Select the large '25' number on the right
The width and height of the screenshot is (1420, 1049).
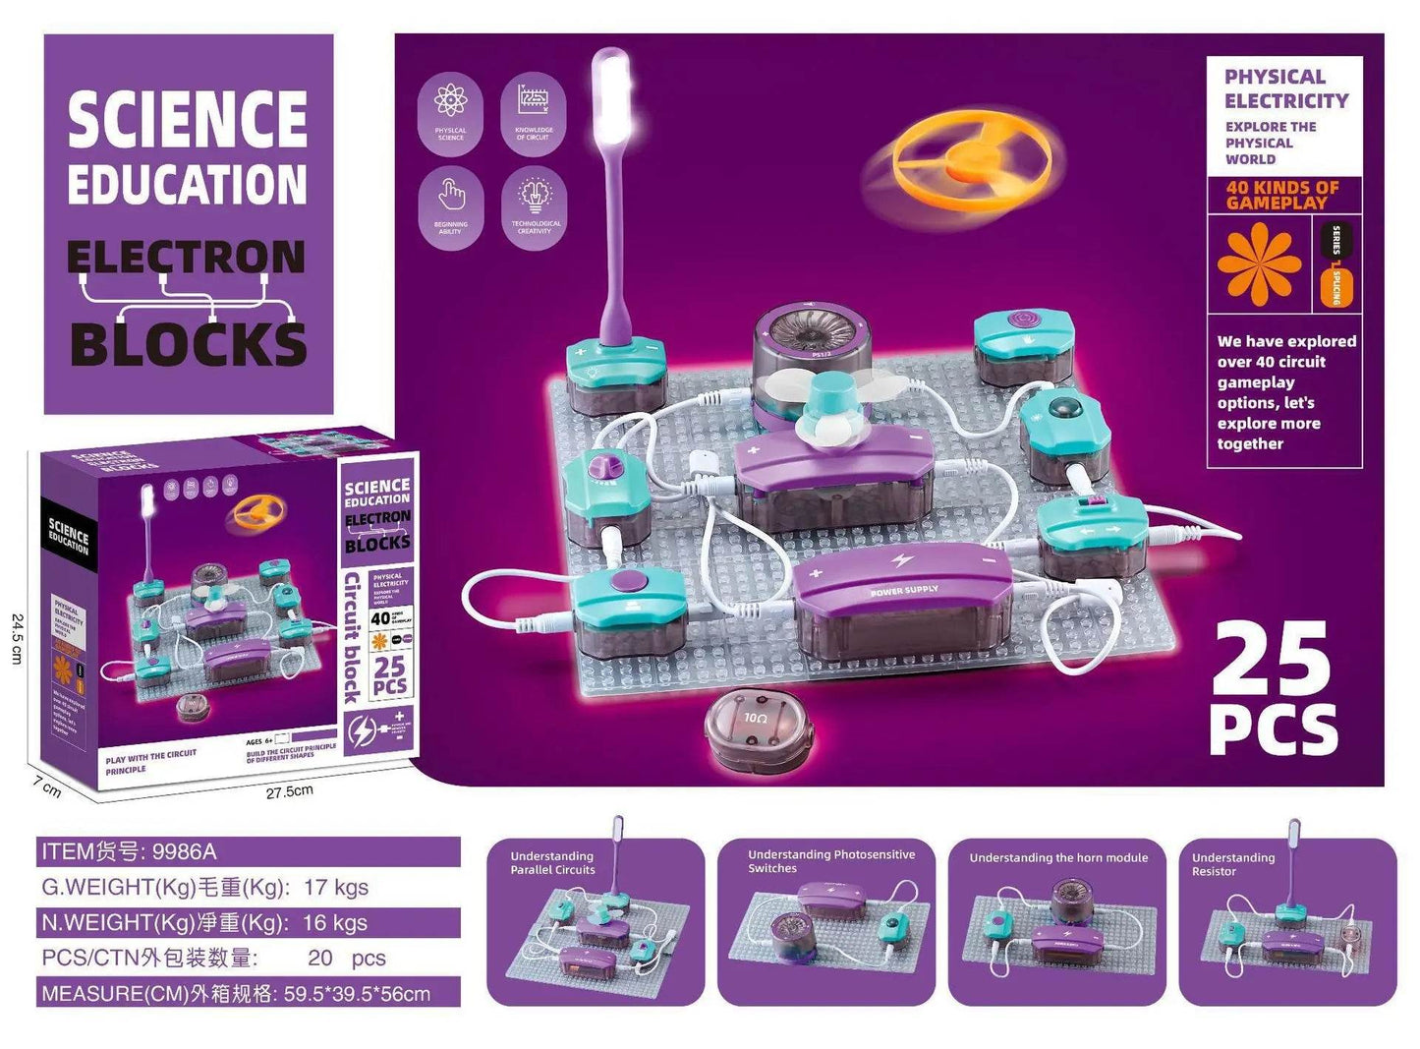point(1272,660)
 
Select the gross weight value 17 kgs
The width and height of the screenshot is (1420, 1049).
point(336,887)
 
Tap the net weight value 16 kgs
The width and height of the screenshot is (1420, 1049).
point(335,922)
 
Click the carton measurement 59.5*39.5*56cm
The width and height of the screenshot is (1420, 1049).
point(357,993)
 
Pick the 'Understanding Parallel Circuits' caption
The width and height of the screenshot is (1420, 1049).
point(552,863)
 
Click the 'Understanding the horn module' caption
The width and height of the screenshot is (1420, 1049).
point(1058,857)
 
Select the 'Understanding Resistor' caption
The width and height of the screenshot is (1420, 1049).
point(1233,864)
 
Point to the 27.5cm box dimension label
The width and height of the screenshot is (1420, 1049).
point(289,791)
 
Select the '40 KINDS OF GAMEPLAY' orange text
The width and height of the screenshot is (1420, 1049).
point(1282,195)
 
